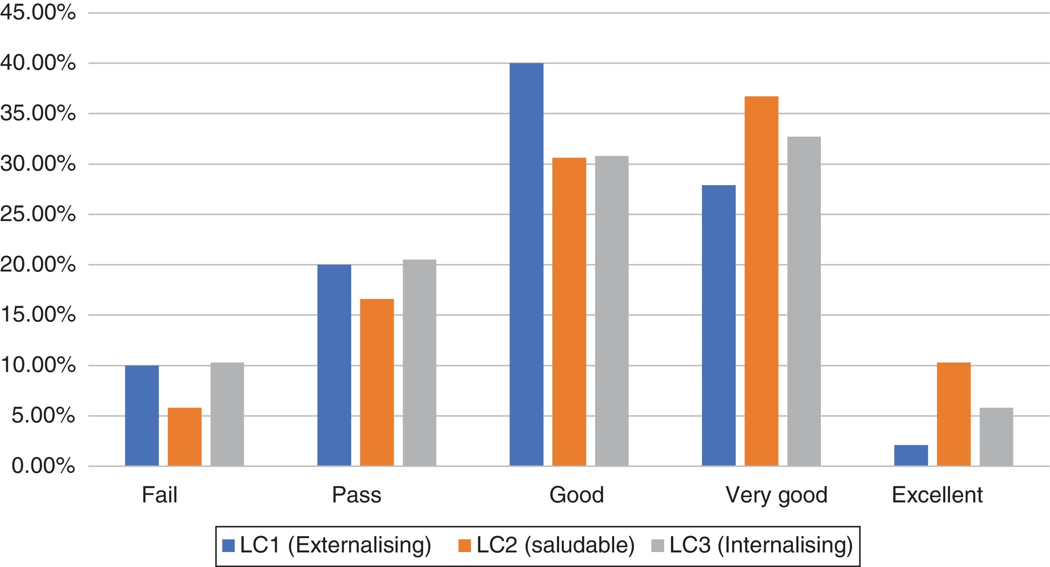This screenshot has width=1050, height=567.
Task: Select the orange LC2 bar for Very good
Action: pyautogui.click(x=761, y=281)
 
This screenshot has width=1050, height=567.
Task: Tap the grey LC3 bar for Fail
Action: pyautogui.click(x=227, y=414)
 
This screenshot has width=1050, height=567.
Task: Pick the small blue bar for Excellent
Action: pyautogui.click(x=911, y=455)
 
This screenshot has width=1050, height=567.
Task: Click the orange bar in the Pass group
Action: pyautogui.click(x=377, y=382)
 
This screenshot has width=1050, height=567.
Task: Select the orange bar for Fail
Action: pyautogui.click(x=184, y=437)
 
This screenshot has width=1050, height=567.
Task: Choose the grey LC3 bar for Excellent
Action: pyautogui.click(x=996, y=437)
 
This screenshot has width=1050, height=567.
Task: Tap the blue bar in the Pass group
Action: pyautogui.click(x=334, y=365)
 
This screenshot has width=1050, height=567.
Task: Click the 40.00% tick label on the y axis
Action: pyautogui.click(x=38, y=63)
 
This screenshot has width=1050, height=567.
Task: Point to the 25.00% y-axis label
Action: pyautogui.click(x=38, y=214)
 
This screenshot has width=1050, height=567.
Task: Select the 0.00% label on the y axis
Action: pyautogui.click(x=43, y=466)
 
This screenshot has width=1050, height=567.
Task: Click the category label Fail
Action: pyautogui.click(x=159, y=495)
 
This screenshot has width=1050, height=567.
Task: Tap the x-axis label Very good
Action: pyautogui.click(x=776, y=495)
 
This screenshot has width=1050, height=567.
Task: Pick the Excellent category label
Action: pyautogui.click(x=937, y=495)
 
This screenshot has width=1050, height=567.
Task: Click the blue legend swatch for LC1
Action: pyautogui.click(x=228, y=546)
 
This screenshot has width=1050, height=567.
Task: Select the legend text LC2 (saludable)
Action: pyautogui.click(x=555, y=546)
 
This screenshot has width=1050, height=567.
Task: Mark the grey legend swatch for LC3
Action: pyautogui.click(x=658, y=546)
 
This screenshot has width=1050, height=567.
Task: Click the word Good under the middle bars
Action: pyautogui.click(x=576, y=495)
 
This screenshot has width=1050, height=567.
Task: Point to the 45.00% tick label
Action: pyautogui.click(x=38, y=13)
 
